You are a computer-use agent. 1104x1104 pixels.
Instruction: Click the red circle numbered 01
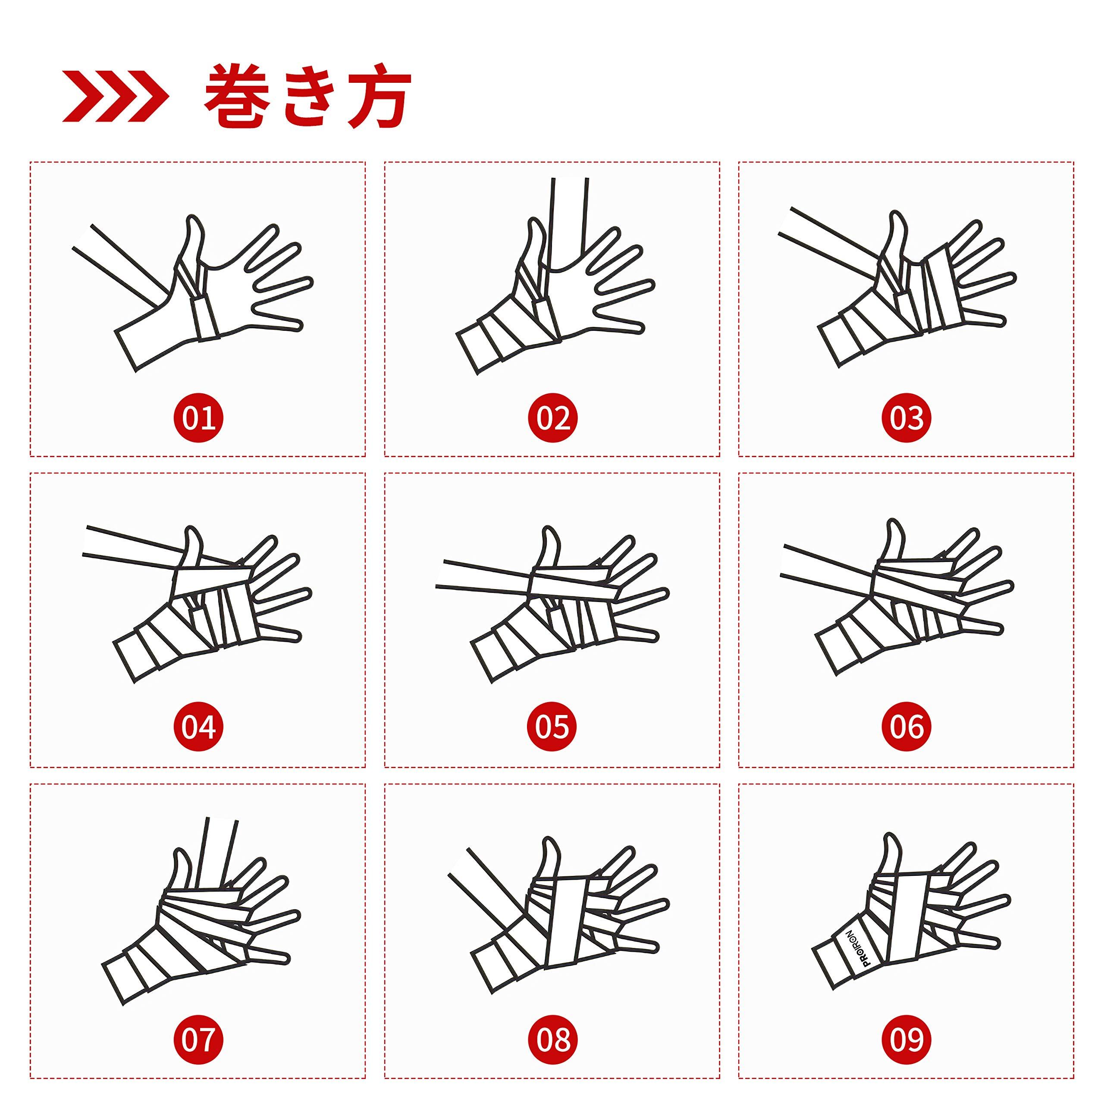click(x=198, y=418)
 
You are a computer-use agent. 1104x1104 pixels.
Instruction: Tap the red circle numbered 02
click(x=552, y=418)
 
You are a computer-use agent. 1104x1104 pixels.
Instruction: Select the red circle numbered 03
click(x=907, y=418)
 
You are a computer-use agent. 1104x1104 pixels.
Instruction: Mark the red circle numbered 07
click(x=198, y=1038)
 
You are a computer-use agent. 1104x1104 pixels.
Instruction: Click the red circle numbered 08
click(x=552, y=1038)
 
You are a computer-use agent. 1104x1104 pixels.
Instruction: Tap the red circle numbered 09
click(x=907, y=1038)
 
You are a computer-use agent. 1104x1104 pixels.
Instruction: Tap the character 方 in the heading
click(x=379, y=96)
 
